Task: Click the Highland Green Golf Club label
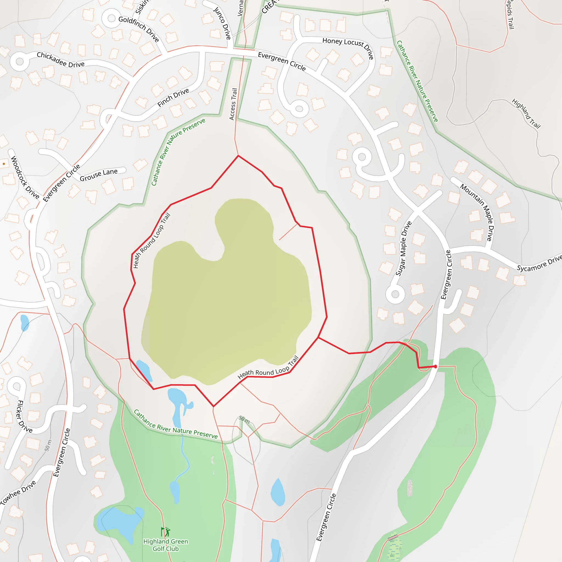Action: (x=165, y=545)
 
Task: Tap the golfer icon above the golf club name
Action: (x=165, y=532)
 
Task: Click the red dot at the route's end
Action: (x=435, y=367)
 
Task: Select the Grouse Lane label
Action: (x=99, y=175)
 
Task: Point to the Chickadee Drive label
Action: (x=60, y=59)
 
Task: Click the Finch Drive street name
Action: (x=173, y=97)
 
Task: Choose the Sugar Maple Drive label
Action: (x=403, y=248)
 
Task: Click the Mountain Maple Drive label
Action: (x=478, y=212)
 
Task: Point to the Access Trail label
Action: (x=233, y=104)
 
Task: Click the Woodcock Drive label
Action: (x=25, y=177)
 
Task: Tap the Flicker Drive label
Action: (x=24, y=416)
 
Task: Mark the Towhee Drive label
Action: (x=18, y=492)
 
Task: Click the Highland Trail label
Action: (x=526, y=113)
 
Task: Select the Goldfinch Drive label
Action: (x=139, y=29)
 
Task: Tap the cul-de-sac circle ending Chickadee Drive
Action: (x=19, y=61)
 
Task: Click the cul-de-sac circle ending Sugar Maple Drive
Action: (x=395, y=294)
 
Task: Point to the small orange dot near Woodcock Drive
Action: (x=4, y=164)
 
